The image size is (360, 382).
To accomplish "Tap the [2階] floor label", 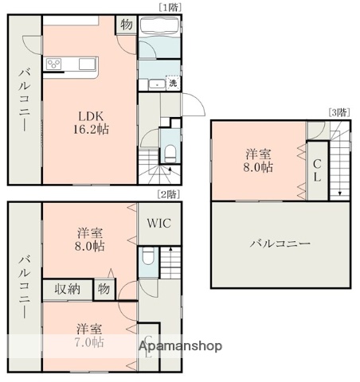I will [x=168, y=193].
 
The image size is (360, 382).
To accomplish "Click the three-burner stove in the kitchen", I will [x=56, y=64].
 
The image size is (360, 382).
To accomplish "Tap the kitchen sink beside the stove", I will [x=84, y=64].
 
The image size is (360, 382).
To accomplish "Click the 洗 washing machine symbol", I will [x=173, y=83].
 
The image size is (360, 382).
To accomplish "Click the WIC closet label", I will [x=158, y=225].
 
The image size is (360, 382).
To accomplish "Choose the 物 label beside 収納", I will [x=104, y=288].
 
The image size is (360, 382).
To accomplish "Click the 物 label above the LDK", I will [x=127, y=25].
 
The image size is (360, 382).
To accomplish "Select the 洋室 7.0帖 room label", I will [x=89, y=334].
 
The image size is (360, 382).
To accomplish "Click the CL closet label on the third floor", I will [x=316, y=170].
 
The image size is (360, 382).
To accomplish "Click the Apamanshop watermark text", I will [x=181, y=346].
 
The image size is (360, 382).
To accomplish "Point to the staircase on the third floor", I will [x=341, y=162].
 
